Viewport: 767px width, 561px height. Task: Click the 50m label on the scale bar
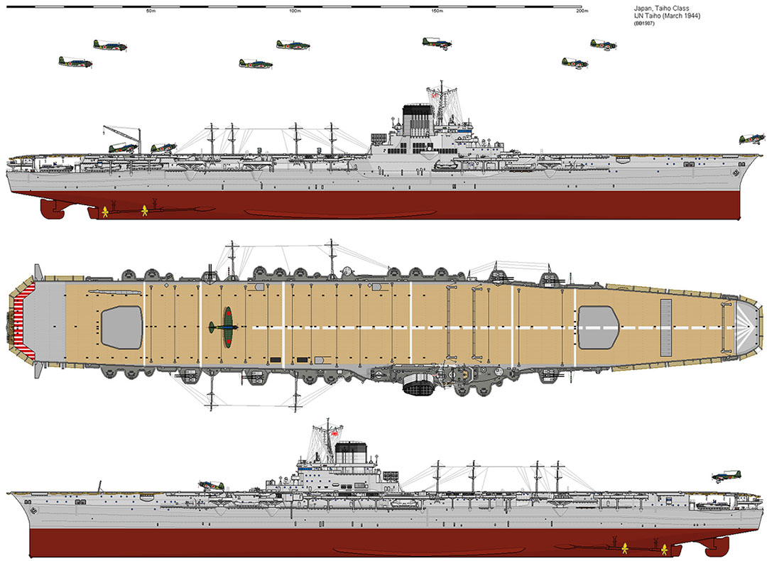coord(151,11)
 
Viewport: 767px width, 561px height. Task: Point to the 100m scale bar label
coord(294,11)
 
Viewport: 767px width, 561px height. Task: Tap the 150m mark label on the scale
coord(437,11)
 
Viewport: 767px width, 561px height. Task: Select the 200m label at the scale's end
coord(582,11)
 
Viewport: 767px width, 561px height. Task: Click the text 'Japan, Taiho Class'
coord(661,9)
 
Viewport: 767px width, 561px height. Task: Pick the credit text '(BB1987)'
coord(644,23)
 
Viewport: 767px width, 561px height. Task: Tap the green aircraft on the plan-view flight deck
coord(224,327)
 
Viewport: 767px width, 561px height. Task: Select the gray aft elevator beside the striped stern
coord(122,327)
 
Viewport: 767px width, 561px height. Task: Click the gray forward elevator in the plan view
coord(598,327)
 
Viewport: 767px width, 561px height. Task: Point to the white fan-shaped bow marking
coord(746,327)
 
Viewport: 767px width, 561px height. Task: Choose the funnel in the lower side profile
coord(351,454)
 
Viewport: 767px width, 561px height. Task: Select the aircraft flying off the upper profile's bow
coord(752,139)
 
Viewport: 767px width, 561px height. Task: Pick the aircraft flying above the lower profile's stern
coord(727,476)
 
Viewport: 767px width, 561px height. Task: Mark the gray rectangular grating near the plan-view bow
coord(666,327)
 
